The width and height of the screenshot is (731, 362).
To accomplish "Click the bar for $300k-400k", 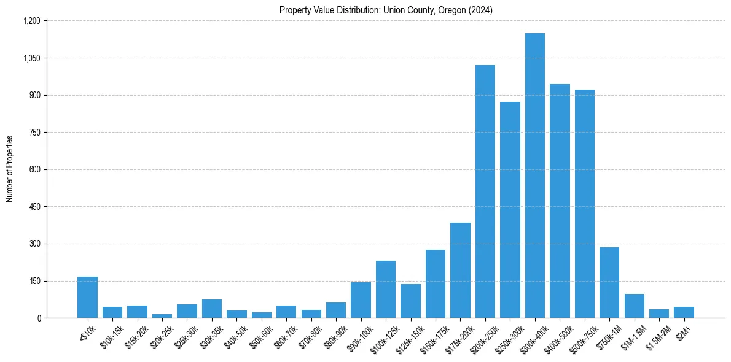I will (535, 175).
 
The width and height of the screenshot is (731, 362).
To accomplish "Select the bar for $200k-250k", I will (485, 191).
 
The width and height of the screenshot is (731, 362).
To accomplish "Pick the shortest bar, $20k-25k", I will (162, 316).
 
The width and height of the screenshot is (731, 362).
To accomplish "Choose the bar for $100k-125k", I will (386, 290).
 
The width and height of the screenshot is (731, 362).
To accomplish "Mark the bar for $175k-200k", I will (460, 271).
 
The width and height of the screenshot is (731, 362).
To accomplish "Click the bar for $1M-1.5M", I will (634, 306).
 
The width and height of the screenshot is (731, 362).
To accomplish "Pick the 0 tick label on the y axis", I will (39, 318).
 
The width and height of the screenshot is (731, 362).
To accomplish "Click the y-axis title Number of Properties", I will (9, 169).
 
